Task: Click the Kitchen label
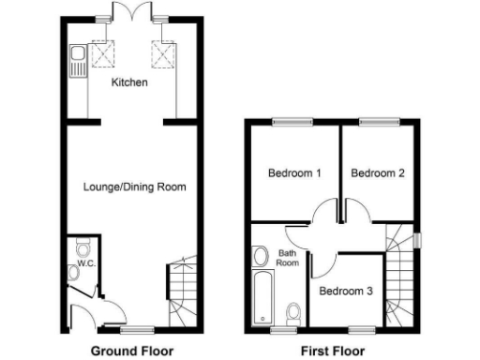click(129, 83)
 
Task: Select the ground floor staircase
click(182, 285)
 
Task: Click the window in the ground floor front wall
click(136, 329)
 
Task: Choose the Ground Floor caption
click(132, 351)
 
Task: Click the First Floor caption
click(333, 351)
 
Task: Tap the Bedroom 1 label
click(294, 173)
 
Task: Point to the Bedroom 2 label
click(378, 173)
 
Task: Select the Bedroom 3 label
click(346, 292)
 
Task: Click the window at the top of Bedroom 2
click(378, 119)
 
